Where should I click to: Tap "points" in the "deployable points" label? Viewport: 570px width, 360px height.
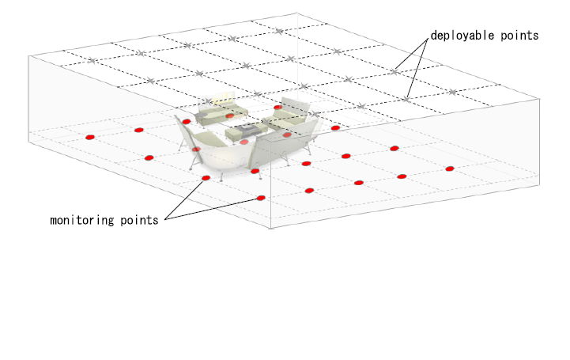coord(519,36)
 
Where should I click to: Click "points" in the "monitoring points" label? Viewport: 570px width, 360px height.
coord(139,220)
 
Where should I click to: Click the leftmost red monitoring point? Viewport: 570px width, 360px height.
coord(90,137)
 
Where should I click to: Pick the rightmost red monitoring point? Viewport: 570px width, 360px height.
coord(450,169)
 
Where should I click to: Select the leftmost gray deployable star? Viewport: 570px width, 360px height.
coord(92,61)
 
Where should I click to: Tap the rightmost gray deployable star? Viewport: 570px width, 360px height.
coord(452,92)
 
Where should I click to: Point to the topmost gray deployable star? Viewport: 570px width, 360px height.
coord(278,32)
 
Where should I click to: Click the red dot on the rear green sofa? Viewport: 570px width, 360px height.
coord(230,116)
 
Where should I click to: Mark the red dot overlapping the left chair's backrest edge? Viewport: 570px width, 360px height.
coord(196,149)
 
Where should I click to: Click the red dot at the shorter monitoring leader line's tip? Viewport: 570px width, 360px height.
coord(206,178)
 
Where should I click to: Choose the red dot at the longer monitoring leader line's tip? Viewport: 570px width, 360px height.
coord(261,198)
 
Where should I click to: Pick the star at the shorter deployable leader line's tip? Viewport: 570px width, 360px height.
coord(394,72)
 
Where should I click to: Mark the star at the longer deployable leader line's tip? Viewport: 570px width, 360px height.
coord(406,99)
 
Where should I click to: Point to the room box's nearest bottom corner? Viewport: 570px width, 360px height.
coord(271,229)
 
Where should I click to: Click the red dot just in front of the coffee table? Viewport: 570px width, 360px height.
coord(244,142)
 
